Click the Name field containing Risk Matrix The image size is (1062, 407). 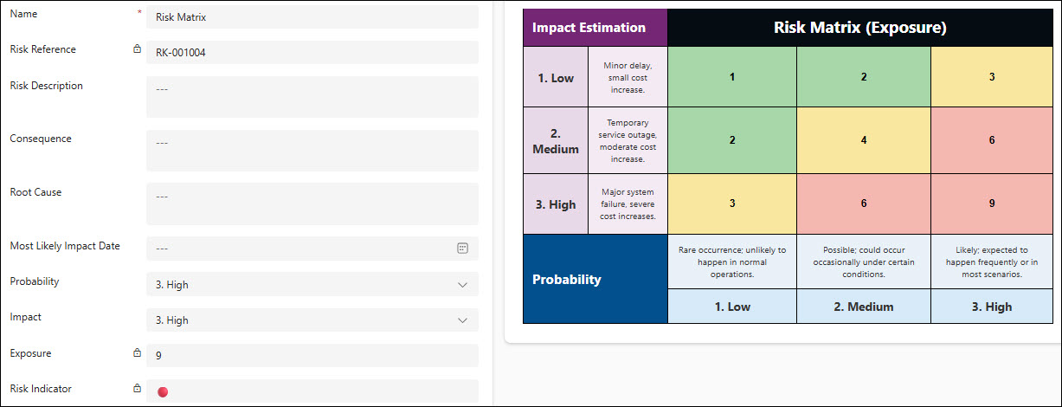[x=312, y=17]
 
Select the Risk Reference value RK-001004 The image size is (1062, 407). [x=181, y=53]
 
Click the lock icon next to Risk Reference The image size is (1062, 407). [x=137, y=48]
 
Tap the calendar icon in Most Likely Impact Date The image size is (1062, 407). [x=462, y=248]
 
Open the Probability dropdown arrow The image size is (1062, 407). [x=462, y=285]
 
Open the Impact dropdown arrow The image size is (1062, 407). [x=462, y=320]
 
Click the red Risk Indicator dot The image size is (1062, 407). [x=163, y=391]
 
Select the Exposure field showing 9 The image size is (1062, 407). [x=312, y=355]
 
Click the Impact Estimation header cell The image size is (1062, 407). [x=595, y=28]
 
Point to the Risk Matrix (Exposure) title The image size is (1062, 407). [x=860, y=28]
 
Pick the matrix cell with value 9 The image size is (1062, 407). [x=992, y=203]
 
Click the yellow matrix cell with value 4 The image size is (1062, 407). [x=864, y=140]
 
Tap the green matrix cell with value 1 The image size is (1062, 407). [x=732, y=77]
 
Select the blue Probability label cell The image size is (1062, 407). [x=595, y=279]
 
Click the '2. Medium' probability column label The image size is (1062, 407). [x=864, y=307]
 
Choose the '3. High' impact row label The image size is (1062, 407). [x=556, y=204]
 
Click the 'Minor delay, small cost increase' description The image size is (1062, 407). [x=628, y=77]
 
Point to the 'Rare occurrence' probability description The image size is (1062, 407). [x=732, y=262]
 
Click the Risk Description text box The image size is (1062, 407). [x=312, y=97]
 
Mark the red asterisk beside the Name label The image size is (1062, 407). [x=139, y=11]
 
